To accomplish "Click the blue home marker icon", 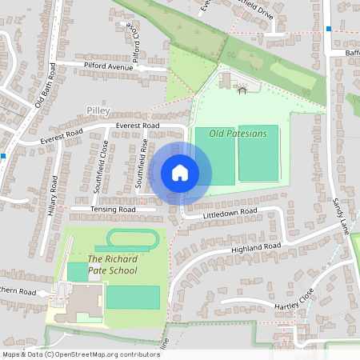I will coord(180,172).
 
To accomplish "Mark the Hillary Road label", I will coord(54,194).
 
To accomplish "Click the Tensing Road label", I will coord(113,210).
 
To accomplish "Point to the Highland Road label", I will coord(256,247).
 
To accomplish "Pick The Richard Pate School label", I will coord(112,265).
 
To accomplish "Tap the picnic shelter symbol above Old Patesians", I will coord(242,90).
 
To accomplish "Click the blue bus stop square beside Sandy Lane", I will coord(328,29).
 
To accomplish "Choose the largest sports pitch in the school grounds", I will coord(132,298).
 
